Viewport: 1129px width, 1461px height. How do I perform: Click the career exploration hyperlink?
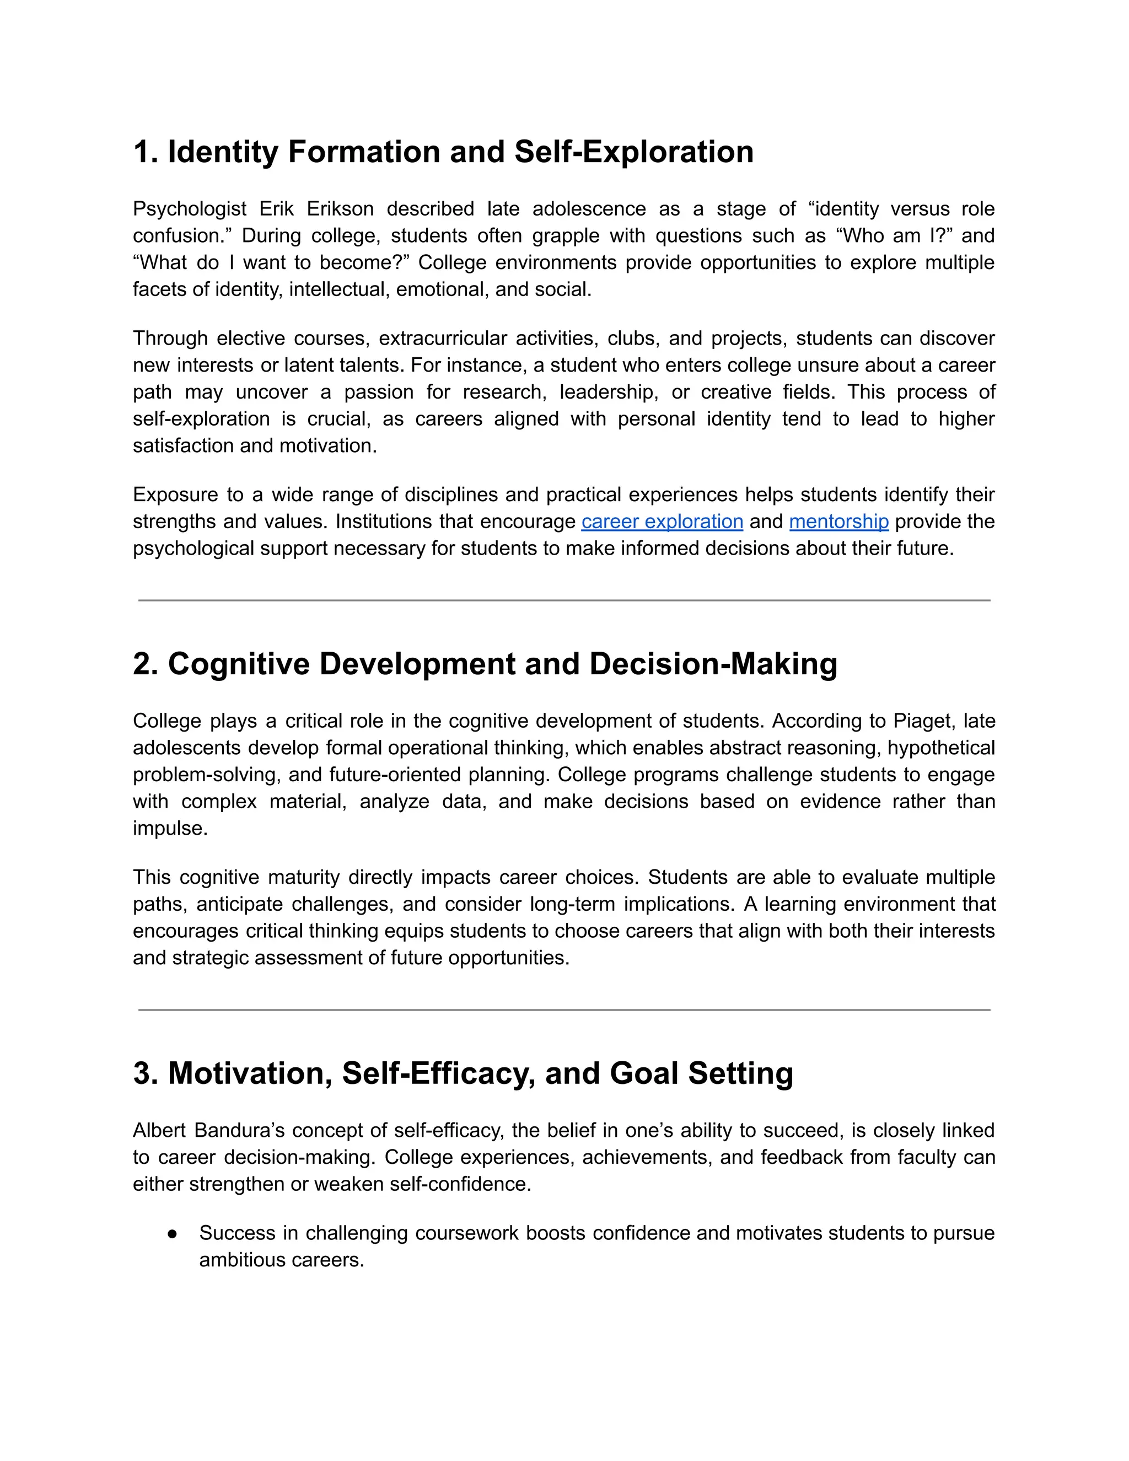pos(662,521)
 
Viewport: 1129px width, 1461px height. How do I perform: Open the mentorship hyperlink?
pos(838,521)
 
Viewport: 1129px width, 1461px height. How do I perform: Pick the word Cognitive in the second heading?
pos(239,664)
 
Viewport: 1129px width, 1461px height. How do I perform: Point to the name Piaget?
pos(922,721)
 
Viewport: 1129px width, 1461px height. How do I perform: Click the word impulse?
pos(170,828)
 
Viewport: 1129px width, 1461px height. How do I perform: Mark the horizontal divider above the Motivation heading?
pos(564,1010)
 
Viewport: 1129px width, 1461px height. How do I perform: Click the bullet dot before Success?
pos(173,1233)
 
